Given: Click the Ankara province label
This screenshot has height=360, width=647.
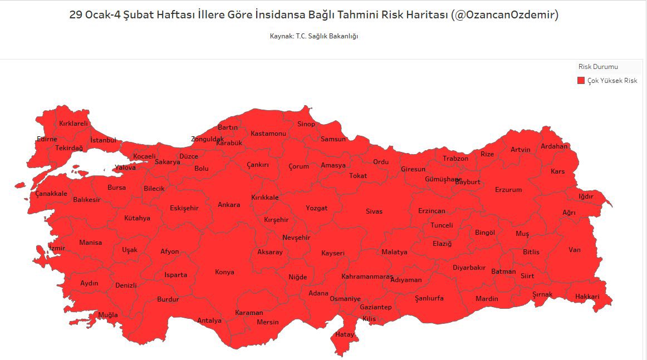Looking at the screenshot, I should [229, 205].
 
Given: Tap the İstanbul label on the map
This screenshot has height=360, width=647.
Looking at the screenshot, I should [103, 140].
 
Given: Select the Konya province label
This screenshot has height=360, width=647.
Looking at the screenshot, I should [224, 272].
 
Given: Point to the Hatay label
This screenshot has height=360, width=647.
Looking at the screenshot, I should [344, 334].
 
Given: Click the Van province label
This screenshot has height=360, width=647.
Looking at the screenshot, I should [574, 250].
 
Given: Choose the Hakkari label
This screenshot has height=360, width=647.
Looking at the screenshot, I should [587, 297].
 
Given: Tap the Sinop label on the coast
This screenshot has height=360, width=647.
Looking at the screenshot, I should [306, 124].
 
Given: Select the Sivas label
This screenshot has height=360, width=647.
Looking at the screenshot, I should [374, 211].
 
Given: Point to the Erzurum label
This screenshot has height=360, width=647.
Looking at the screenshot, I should [508, 190].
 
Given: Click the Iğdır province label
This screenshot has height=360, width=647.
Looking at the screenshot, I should [586, 196].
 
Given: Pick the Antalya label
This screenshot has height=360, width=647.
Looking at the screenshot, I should [209, 320].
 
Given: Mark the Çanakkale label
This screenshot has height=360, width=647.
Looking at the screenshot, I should [51, 194].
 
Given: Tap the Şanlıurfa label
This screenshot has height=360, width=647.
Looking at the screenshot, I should [429, 298].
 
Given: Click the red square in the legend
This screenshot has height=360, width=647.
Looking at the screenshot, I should [581, 81].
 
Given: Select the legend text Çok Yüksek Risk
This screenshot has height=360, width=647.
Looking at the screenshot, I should [612, 81].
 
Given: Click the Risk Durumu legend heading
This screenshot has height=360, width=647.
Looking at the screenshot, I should [598, 67].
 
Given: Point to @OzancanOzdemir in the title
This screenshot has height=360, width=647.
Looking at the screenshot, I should [506, 15].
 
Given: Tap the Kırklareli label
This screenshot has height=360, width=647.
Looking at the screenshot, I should [73, 124].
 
